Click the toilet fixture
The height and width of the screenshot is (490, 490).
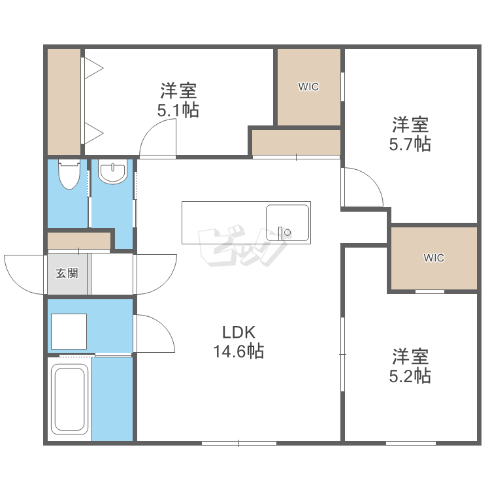pos(69,174)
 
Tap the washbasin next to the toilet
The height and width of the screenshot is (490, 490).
pos(112,171)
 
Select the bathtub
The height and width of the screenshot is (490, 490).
pos(69,399)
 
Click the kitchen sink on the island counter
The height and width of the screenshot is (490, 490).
pos(287,223)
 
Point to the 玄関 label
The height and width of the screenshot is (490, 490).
pos(67,274)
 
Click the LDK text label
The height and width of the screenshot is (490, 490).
pos(238,332)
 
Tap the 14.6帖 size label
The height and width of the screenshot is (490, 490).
pos(238,351)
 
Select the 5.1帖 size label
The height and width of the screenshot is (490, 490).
pos(178,110)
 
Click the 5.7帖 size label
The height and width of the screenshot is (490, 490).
pos(410,144)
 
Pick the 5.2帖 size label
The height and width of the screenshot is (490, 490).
pos(410,376)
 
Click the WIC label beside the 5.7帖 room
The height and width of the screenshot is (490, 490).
pos(308,86)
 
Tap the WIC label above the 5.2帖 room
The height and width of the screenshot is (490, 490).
pos(434,258)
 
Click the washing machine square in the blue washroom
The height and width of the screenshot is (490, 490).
pos(69,331)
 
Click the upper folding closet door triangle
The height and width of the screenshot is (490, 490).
pos(93,68)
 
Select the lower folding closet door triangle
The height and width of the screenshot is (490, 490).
pos(93,133)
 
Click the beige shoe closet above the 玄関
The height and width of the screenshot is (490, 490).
pos(79,240)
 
